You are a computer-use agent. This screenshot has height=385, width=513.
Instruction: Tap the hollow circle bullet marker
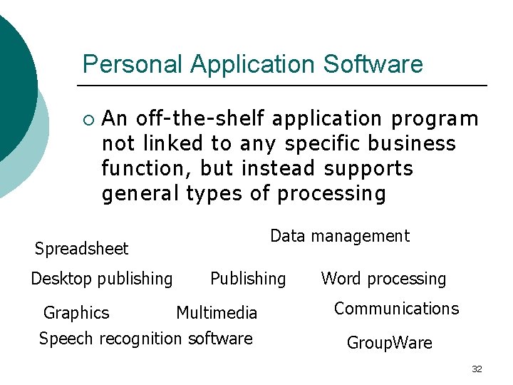click(88, 118)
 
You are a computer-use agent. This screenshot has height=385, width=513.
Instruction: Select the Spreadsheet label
click(81, 249)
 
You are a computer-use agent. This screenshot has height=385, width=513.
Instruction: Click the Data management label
click(340, 236)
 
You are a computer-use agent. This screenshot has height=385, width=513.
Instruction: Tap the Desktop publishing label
click(101, 279)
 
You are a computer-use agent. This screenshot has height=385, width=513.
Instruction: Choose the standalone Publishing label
click(248, 279)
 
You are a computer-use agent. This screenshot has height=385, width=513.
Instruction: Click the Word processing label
click(383, 279)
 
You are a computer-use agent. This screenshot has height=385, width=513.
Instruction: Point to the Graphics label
click(76, 313)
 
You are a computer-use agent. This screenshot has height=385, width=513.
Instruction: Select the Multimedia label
click(216, 313)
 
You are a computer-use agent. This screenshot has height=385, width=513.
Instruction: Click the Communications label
click(396, 309)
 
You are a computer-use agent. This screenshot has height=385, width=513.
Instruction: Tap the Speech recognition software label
click(145, 338)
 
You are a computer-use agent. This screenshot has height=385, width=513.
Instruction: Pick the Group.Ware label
click(389, 343)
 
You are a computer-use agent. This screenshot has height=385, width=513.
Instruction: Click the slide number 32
click(477, 369)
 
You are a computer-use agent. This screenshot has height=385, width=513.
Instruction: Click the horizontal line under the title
click(285, 86)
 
